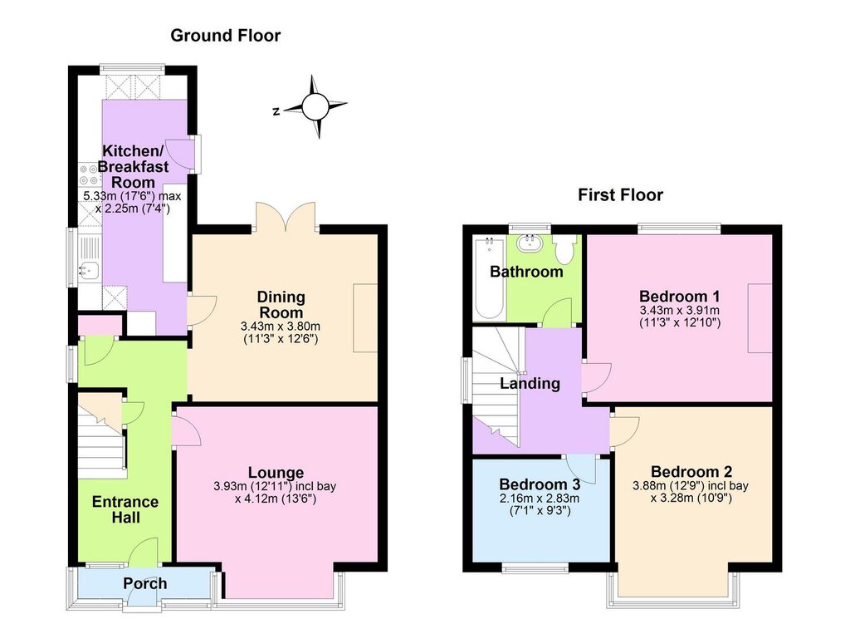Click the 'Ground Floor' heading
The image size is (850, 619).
tap(226, 36)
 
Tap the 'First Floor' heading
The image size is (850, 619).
tap(620, 194)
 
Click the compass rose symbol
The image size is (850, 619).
tap(315, 106)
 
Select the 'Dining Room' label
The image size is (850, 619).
tap(281, 305)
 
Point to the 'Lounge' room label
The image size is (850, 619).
tap(276, 473)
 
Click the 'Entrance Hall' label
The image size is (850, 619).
tap(125, 509)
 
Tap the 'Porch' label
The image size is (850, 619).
tap(144, 584)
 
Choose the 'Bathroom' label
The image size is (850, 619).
tap(526, 271)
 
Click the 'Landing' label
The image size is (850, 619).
tap(530, 384)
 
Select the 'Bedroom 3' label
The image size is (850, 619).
tap(540, 484)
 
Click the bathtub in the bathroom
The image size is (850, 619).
tap(490, 278)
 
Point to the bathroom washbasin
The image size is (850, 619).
tap(529, 243)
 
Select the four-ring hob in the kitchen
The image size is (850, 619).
tap(90, 174)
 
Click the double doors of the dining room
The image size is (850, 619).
tap(286, 217)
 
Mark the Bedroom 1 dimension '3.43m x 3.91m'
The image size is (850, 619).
tap(679, 311)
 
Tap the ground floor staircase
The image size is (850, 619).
tap(102, 436)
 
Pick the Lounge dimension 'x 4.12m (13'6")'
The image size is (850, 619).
tap(276, 499)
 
